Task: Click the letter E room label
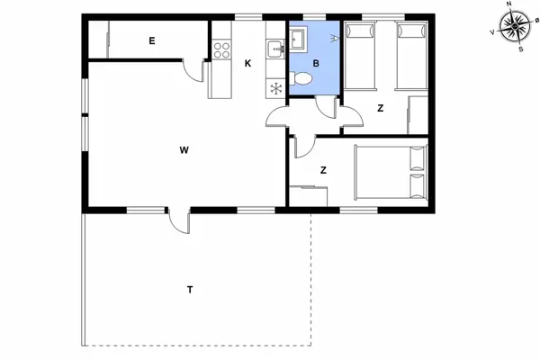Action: coord(153,40)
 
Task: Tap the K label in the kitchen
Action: coord(248,62)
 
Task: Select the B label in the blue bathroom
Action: coord(316,63)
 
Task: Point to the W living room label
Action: coord(183,150)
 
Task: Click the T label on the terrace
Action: coord(190,289)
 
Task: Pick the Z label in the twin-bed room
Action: coord(380,108)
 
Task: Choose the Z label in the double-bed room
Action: coord(322,169)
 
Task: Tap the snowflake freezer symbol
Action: coord(276,87)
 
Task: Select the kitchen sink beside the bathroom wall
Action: coord(275,47)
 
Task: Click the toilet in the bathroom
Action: coord(301,81)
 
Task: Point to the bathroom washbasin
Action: coord(298,39)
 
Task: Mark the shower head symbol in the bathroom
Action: coord(335,37)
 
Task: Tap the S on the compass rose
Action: coord(519,49)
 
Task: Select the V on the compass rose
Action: coord(492,32)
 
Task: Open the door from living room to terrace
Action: coord(178,220)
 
